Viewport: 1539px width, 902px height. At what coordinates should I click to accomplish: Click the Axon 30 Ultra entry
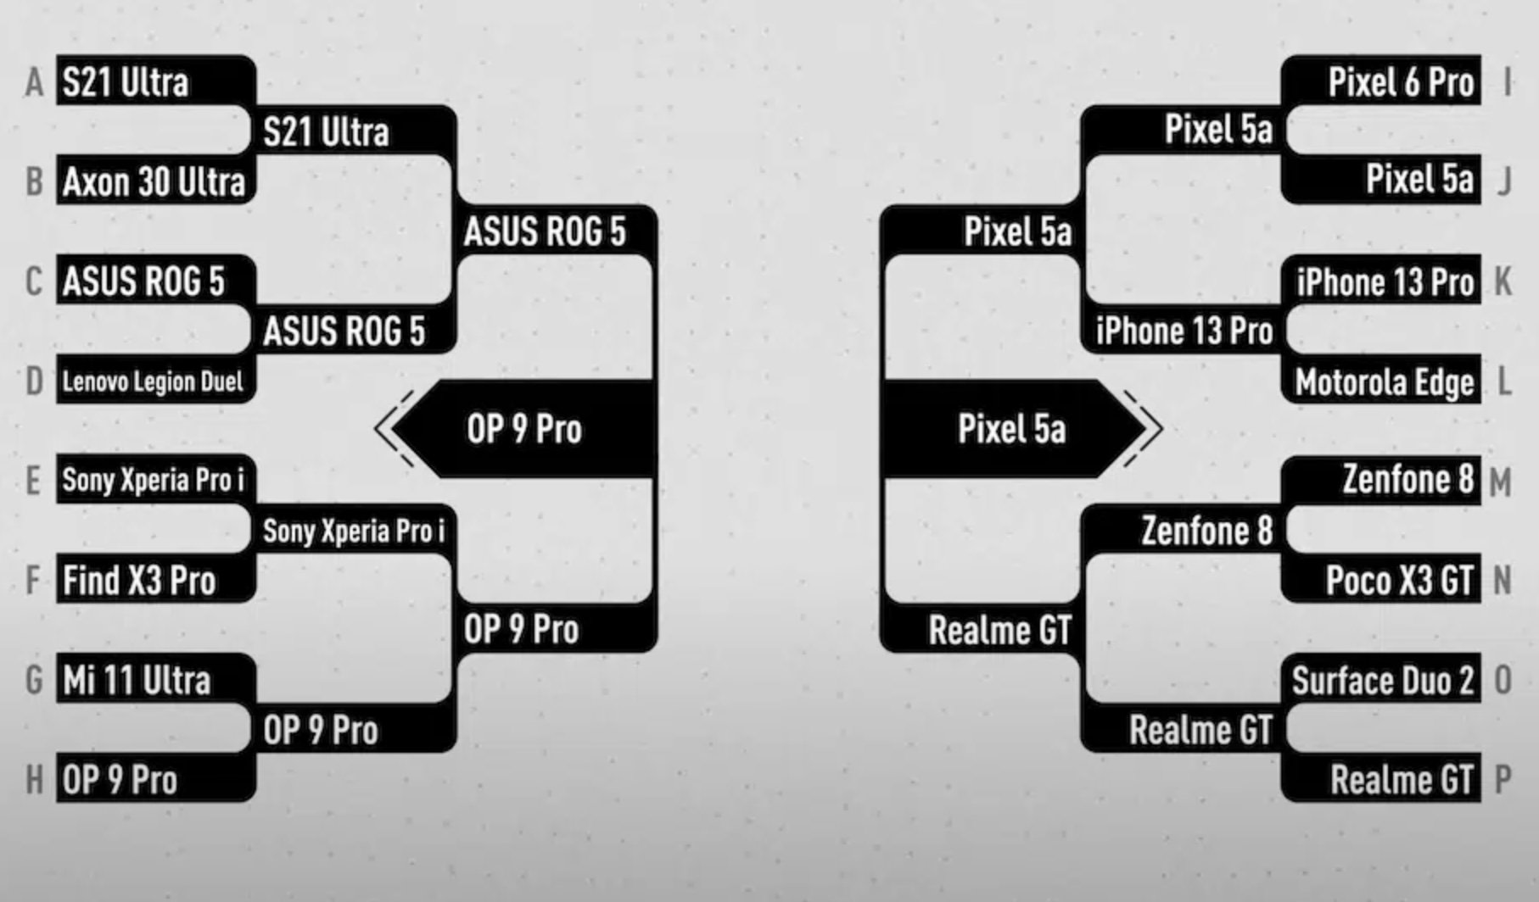point(154,181)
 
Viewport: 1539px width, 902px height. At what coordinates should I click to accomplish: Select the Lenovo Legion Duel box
point(154,381)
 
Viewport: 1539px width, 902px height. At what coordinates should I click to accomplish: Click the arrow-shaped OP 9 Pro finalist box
point(523,429)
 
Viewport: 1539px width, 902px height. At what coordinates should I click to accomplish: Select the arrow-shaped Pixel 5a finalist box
point(1011,429)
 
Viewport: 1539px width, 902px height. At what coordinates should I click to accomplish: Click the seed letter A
point(34,83)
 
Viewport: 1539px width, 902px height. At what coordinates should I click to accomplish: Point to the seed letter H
point(34,780)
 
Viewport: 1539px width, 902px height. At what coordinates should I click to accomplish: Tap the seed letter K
point(1503,281)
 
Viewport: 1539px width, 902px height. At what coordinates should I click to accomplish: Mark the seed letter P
point(1503,780)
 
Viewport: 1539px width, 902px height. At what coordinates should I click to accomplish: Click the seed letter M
point(1500,482)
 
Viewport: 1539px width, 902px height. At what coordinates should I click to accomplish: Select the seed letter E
point(34,481)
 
